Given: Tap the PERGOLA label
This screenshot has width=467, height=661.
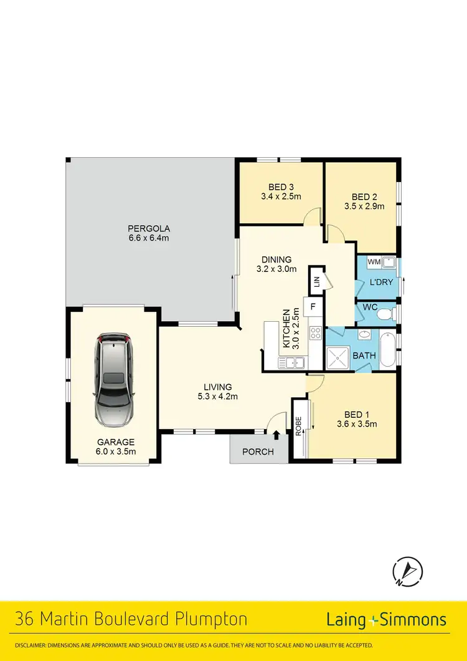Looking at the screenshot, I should click(x=149, y=228).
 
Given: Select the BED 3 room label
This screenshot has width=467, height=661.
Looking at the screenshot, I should click(x=281, y=187).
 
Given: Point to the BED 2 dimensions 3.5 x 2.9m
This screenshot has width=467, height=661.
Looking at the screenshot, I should click(x=365, y=206).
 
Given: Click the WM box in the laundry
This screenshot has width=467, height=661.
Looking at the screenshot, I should click(x=374, y=262).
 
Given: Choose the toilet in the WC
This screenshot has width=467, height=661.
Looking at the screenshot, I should click(x=386, y=312).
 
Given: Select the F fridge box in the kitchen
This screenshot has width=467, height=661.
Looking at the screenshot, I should click(x=313, y=307).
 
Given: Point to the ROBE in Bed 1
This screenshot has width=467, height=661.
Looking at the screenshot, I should click(x=299, y=425).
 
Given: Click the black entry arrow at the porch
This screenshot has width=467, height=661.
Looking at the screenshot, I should click(x=276, y=435).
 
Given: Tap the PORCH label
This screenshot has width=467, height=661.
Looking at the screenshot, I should click(x=258, y=451).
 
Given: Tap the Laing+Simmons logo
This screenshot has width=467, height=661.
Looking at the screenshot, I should click(x=386, y=619).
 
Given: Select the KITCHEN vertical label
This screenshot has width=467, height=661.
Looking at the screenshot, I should click(x=287, y=329).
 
